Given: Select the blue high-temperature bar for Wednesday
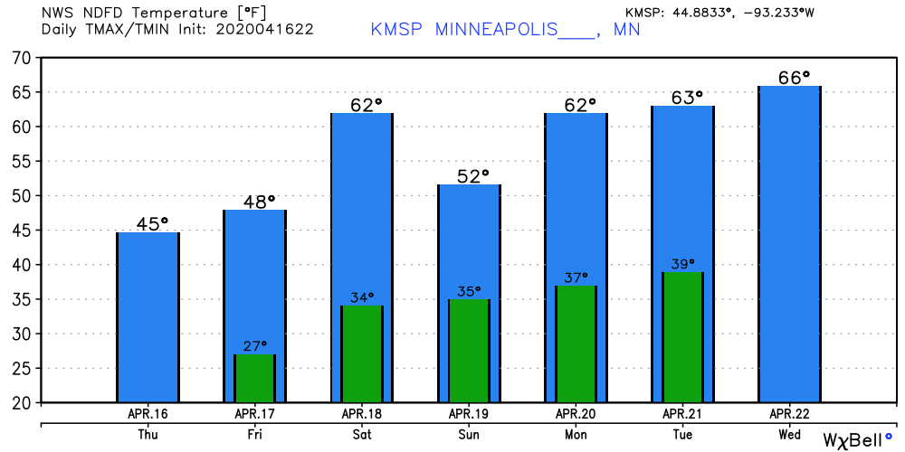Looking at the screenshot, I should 789,244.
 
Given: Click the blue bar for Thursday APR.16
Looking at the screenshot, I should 148,316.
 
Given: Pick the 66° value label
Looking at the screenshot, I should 794,78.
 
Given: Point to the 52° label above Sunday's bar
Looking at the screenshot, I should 472,175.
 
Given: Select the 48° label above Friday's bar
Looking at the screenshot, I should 259,202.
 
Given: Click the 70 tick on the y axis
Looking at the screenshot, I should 20,58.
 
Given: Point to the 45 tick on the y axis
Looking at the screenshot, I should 20,231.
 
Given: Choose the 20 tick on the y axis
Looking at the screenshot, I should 20,402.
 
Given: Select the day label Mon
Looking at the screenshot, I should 576,435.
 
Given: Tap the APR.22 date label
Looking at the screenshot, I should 789,414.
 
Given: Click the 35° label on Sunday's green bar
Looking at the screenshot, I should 470,291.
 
